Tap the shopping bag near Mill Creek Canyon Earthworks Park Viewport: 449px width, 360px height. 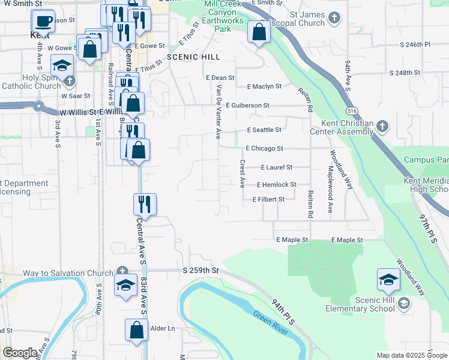point(259,31)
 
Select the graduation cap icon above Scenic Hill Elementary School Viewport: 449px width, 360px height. point(388,279)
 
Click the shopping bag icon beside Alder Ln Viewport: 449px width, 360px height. point(137,329)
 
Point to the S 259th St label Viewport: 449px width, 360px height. point(201,271)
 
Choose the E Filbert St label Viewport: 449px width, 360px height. point(268,199)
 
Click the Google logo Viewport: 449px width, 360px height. point(20,353)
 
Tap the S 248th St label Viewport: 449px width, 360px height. point(405,73)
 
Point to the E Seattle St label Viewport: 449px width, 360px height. point(264,130)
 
